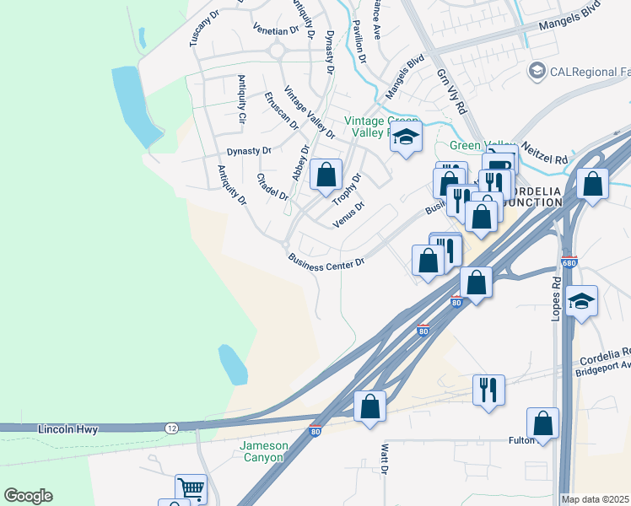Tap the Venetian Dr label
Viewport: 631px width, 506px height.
pyautogui.click(x=277, y=28)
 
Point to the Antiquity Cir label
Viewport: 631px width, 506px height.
pyautogui.click(x=241, y=100)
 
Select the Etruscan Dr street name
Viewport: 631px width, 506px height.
pyautogui.click(x=282, y=110)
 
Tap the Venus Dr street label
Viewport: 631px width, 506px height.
pyautogui.click(x=348, y=208)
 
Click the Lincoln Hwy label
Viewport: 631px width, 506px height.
pyautogui.click(x=68, y=429)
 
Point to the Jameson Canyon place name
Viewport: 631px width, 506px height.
pyautogui.click(x=264, y=451)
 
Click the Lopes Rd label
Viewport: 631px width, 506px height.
pyautogui.click(x=556, y=296)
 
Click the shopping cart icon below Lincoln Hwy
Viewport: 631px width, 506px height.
pyautogui.click(x=191, y=487)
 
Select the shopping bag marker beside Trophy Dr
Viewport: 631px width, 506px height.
pyautogui.click(x=326, y=175)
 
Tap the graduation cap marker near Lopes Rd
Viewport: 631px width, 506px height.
pyautogui.click(x=581, y=300)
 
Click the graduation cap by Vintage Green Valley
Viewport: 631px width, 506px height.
pyautogui.click(x=406, y=136)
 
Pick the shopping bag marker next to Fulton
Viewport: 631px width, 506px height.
pyautogui.click(x=543, y=422)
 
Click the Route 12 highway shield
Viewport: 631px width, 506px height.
pyautogui.click(x=171, y=428)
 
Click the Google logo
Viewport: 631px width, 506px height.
pyautogui.click(x=28, y=496)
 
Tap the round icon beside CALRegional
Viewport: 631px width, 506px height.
pyautogui.click(x=536, y=71)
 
